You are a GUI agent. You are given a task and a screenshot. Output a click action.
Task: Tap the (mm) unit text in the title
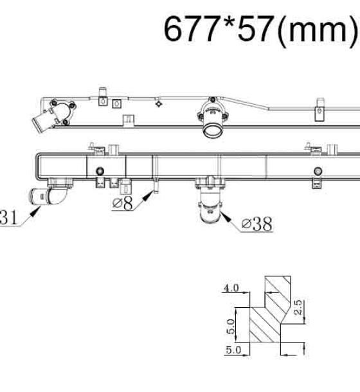tap(317, 30)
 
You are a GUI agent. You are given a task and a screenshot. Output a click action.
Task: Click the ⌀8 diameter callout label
tap(123, 203)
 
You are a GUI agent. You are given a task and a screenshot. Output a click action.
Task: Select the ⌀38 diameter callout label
tap(257, 224)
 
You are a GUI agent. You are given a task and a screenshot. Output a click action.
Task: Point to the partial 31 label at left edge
tap(8, 217)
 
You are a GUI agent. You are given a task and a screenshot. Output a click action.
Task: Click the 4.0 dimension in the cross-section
tap(231, 288)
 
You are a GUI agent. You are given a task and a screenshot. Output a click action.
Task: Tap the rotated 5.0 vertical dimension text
tap(231, 326)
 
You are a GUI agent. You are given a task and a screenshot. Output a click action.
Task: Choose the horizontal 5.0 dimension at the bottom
tap(233, 350)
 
